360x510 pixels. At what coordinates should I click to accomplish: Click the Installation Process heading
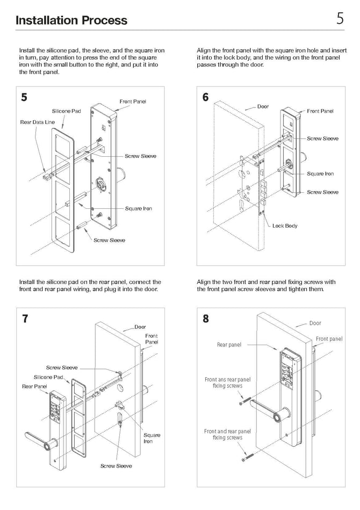(71, 20)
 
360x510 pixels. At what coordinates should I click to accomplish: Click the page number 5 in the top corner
(340, 19)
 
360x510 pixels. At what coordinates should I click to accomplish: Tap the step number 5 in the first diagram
(24, 97)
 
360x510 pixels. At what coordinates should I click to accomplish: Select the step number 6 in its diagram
(205, 97)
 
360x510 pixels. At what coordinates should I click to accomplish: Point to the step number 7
(25, 318)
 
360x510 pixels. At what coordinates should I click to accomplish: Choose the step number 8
(205, 318)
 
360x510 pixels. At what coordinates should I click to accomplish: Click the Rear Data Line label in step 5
(38, 122)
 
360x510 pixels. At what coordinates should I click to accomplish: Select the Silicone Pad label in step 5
(67, 111)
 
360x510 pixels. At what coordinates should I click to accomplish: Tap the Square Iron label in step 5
(139, 209)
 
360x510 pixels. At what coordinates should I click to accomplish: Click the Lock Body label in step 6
(285, 226)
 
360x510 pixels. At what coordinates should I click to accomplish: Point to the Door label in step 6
(263, 107)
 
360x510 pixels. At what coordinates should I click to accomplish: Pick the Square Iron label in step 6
(320, 174)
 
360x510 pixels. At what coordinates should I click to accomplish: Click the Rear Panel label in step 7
(34, 387)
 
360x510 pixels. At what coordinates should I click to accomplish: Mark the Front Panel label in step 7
(152, 339)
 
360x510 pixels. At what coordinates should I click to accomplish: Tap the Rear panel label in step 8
(229, 345)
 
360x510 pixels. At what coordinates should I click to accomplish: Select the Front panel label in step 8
(329, 339)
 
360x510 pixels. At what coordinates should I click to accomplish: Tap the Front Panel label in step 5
(133, 101)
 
